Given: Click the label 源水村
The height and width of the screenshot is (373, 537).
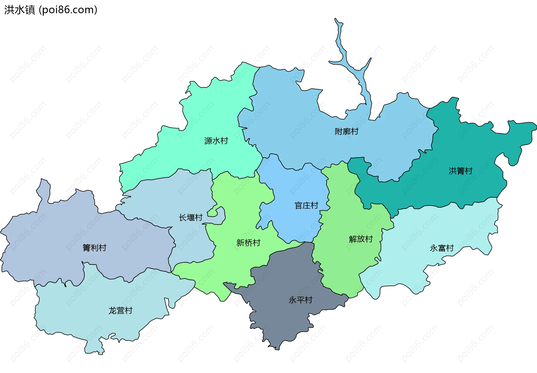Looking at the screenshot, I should pos(216,141).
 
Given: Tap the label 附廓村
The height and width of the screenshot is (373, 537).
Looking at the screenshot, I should pos(347,131).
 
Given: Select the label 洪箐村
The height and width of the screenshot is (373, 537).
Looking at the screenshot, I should pos(460,171).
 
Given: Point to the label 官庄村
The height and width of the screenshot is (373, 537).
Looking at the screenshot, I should pos(306,205).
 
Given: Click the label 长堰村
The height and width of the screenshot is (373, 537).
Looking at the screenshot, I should pos(190,217).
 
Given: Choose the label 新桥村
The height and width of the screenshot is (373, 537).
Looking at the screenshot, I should pos(248,243).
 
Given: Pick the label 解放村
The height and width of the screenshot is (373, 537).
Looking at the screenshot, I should pos(361,239).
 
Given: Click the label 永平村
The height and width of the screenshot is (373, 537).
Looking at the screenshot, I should pos(300,300).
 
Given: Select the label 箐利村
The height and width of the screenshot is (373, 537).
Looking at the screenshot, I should pos(94,248).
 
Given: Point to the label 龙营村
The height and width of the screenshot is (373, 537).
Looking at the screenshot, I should pos(120,310).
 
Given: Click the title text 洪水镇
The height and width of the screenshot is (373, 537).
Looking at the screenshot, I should pos(20,10).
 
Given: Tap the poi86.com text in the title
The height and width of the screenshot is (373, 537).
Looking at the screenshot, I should pos(68,10).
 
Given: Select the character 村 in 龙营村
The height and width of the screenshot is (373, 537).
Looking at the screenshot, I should pos(128,310).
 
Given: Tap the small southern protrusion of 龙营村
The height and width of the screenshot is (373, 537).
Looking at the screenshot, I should pos(94,348).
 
